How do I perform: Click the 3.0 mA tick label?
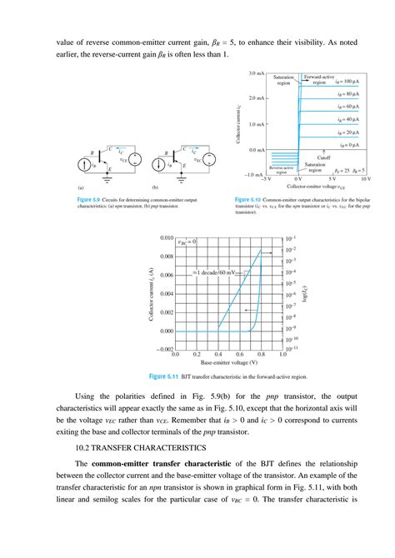click(x=253, y=73)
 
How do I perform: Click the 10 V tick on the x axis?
click(x=365, y=178)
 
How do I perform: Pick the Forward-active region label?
click(x=319, y=79)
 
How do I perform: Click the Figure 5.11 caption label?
click(x=163, y=376)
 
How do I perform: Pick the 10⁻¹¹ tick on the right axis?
click(x=292, y=351)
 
